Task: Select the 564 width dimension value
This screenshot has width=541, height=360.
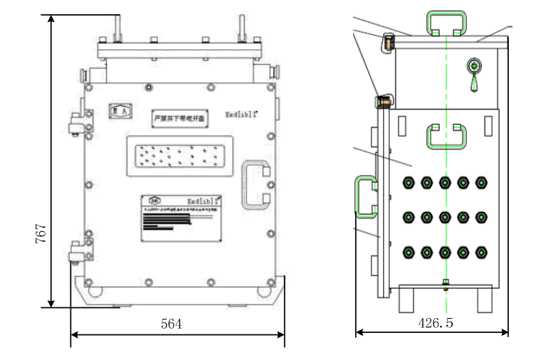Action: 171,324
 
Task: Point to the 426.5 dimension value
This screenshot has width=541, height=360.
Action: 436,323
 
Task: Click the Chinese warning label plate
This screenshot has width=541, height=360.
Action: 181,119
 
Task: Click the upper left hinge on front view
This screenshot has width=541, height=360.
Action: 75,124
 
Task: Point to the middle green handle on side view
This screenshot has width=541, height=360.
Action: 446,136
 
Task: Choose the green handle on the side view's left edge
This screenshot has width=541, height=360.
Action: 364,196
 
